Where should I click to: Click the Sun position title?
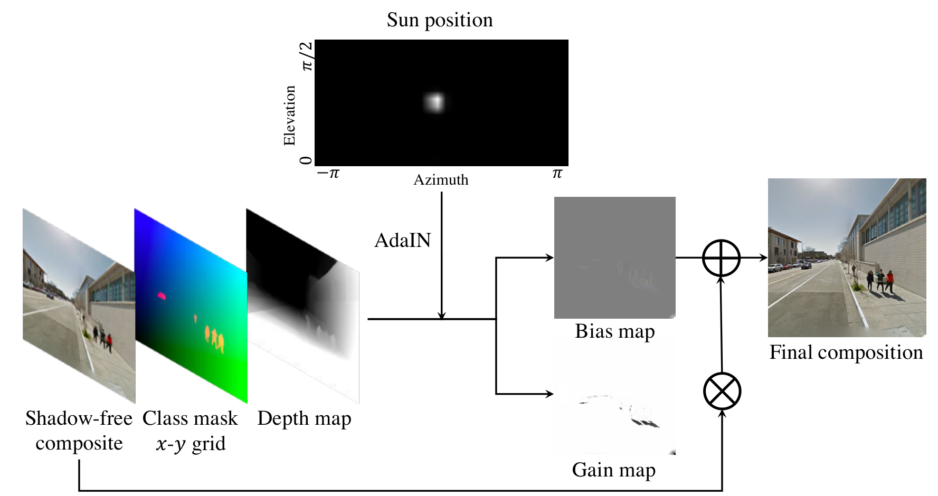(x=440, y=20)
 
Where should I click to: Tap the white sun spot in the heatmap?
(x=434, y=102)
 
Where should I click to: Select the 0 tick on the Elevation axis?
(x=306, y=160)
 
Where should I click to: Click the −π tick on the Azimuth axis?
(x=328, y=173)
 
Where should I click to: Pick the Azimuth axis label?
(x=441, y=180)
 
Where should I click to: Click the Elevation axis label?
(x=289, y=116)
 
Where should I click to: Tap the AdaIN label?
(x=403, y=241)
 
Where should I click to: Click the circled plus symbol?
(x=722, y=257)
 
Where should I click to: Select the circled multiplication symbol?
(x=722, y=391)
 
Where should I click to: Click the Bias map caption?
(x=615, y=331)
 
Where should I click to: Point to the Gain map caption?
(x=614, y=470)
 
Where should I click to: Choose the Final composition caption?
(x=846, y=352)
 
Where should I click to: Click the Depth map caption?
(x=304, y=418)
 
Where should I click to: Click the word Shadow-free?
(x=79, y=418)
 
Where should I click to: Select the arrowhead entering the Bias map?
(x=549, y=257)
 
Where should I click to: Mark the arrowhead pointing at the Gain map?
(x=549, y=394)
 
